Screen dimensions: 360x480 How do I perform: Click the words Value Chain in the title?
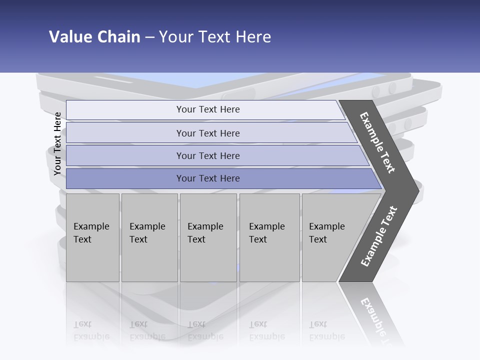tap(94, 37)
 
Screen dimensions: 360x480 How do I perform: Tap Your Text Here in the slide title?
tap(215, 37)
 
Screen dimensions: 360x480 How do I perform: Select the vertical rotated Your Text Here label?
tap(57, 143)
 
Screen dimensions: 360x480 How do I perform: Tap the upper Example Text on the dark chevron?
tap(377, 142)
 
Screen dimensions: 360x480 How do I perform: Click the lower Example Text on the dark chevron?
tap(379, 236)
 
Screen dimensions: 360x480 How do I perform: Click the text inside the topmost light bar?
tap(208, 109)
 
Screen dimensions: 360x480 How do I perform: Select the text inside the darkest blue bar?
tap(208, 178)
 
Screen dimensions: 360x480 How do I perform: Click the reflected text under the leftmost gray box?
tap(91, 330)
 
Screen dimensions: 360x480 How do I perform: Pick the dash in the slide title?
tap(149, 37)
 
